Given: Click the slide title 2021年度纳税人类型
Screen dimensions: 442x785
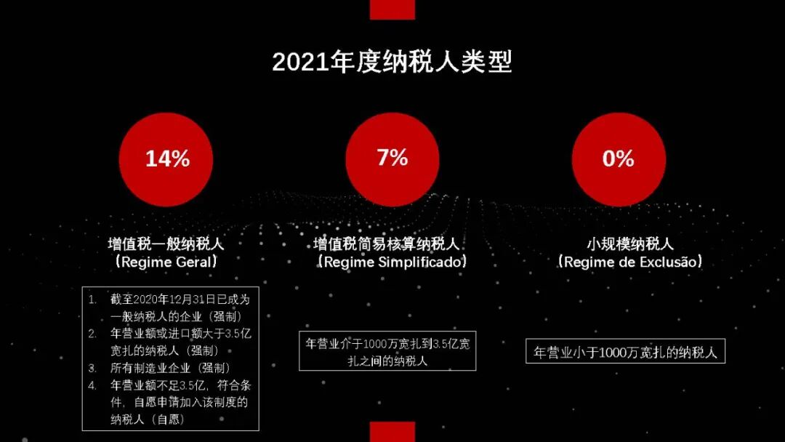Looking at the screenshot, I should tap(392, 63).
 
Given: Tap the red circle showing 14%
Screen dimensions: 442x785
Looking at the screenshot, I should tap(166, 158).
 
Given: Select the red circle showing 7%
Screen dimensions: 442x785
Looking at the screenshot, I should tap(392, 158).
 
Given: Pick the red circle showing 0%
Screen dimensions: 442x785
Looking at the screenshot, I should tap(618, 158).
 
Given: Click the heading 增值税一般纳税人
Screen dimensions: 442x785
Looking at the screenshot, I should tap(166, 244).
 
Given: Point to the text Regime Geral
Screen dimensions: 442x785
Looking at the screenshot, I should tap(166, 262).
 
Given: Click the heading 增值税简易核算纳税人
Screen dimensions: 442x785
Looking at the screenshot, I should tap(392, 244).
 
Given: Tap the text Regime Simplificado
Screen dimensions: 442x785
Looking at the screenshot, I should tap(392, 262).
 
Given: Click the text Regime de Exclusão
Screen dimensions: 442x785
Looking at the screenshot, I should tap(630, 262).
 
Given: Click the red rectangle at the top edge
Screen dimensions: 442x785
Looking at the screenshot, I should tap(392, 9).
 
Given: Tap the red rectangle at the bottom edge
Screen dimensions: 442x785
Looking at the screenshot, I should tap(392, 432).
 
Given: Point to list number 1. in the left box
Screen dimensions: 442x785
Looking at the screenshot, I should tap(92, 300).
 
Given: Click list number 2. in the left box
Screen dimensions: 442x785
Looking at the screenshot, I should tap(92, 334).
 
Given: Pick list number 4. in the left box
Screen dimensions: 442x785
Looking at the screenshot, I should tap(92, 385).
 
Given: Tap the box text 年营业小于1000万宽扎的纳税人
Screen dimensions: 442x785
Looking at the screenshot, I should tap(625, 353).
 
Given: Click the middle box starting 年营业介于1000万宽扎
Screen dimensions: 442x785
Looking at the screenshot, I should tap(387, 351).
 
